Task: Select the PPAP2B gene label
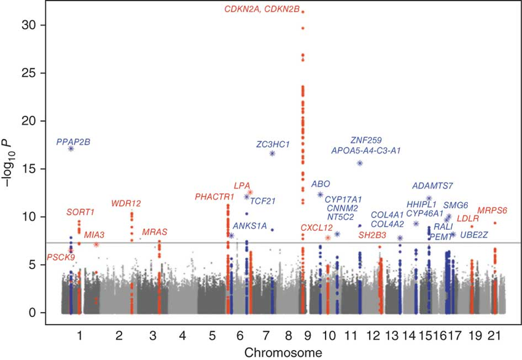click(x=73, y=142)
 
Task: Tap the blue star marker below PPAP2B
click(x=71, y=149)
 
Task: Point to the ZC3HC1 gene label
click(x=273, y=144)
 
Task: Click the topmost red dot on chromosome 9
click(x=303, y=12)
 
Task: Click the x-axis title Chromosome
click(x=274, y=353)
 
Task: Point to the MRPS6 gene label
click(x=492, y=211)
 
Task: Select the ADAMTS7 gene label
click(x=433, y=186)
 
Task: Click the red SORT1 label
click(x=80, y=213)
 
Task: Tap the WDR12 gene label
click(x=126, y=203)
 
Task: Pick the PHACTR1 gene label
click(x=214, y=197)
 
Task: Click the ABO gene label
click(x=321, y=184)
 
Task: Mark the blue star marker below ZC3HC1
click(x=272, y=153)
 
